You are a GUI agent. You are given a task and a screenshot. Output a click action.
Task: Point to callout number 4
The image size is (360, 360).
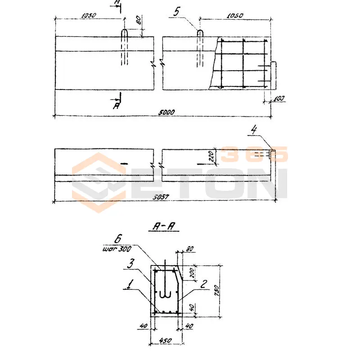[254, 131]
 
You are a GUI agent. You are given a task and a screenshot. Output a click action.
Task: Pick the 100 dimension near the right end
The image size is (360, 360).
[280, 98]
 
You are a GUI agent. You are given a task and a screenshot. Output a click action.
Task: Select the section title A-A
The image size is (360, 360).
[163, 228]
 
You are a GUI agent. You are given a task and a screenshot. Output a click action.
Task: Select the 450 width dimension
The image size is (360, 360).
[166, 340]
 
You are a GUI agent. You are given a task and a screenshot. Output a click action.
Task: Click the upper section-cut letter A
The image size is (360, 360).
[117, 3]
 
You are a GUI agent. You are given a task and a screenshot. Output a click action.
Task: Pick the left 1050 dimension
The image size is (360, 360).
[89, 15]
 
